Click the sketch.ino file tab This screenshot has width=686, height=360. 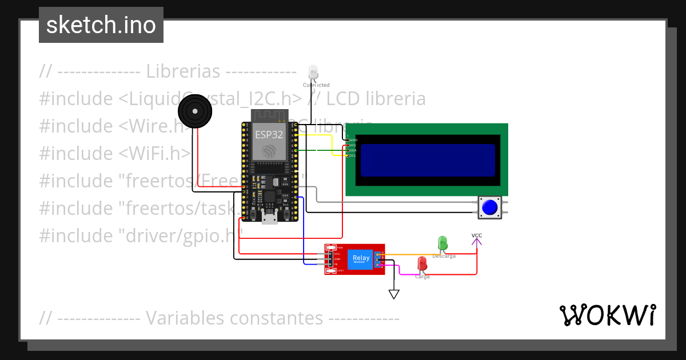[x=101, y=25]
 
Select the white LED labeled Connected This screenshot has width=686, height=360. [x=313, y=73]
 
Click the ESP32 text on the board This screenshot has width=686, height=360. [x=268, y=135]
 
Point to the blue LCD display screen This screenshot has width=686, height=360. [x=428, y=160]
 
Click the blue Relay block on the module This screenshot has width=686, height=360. [x=361, y=258]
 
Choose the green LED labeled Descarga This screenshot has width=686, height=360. [x=442, y=243]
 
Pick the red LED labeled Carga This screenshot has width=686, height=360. [x=422, y=264]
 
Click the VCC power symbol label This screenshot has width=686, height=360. [x=477, y=235]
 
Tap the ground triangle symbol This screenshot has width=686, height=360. [x=394, y=294]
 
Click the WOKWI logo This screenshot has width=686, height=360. [x=607, y=315]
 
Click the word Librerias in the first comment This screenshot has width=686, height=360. [x=183, y=71]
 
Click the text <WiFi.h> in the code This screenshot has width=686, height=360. [x=155, y=153]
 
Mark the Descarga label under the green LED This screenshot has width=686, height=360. [x=444, y=256]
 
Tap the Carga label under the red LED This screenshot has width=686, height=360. [x=422, y=277]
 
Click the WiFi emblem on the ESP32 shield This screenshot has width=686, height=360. [x=268, y=151]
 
